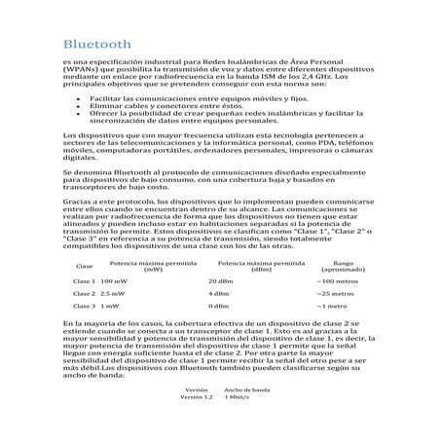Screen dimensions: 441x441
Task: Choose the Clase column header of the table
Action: pyautogui.click(x=84, y=266)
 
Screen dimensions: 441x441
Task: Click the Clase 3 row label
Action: pyautogui.click(x=85, y=305)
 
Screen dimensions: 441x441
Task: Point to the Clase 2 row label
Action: pyautogui.click(x=85, y=293)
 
